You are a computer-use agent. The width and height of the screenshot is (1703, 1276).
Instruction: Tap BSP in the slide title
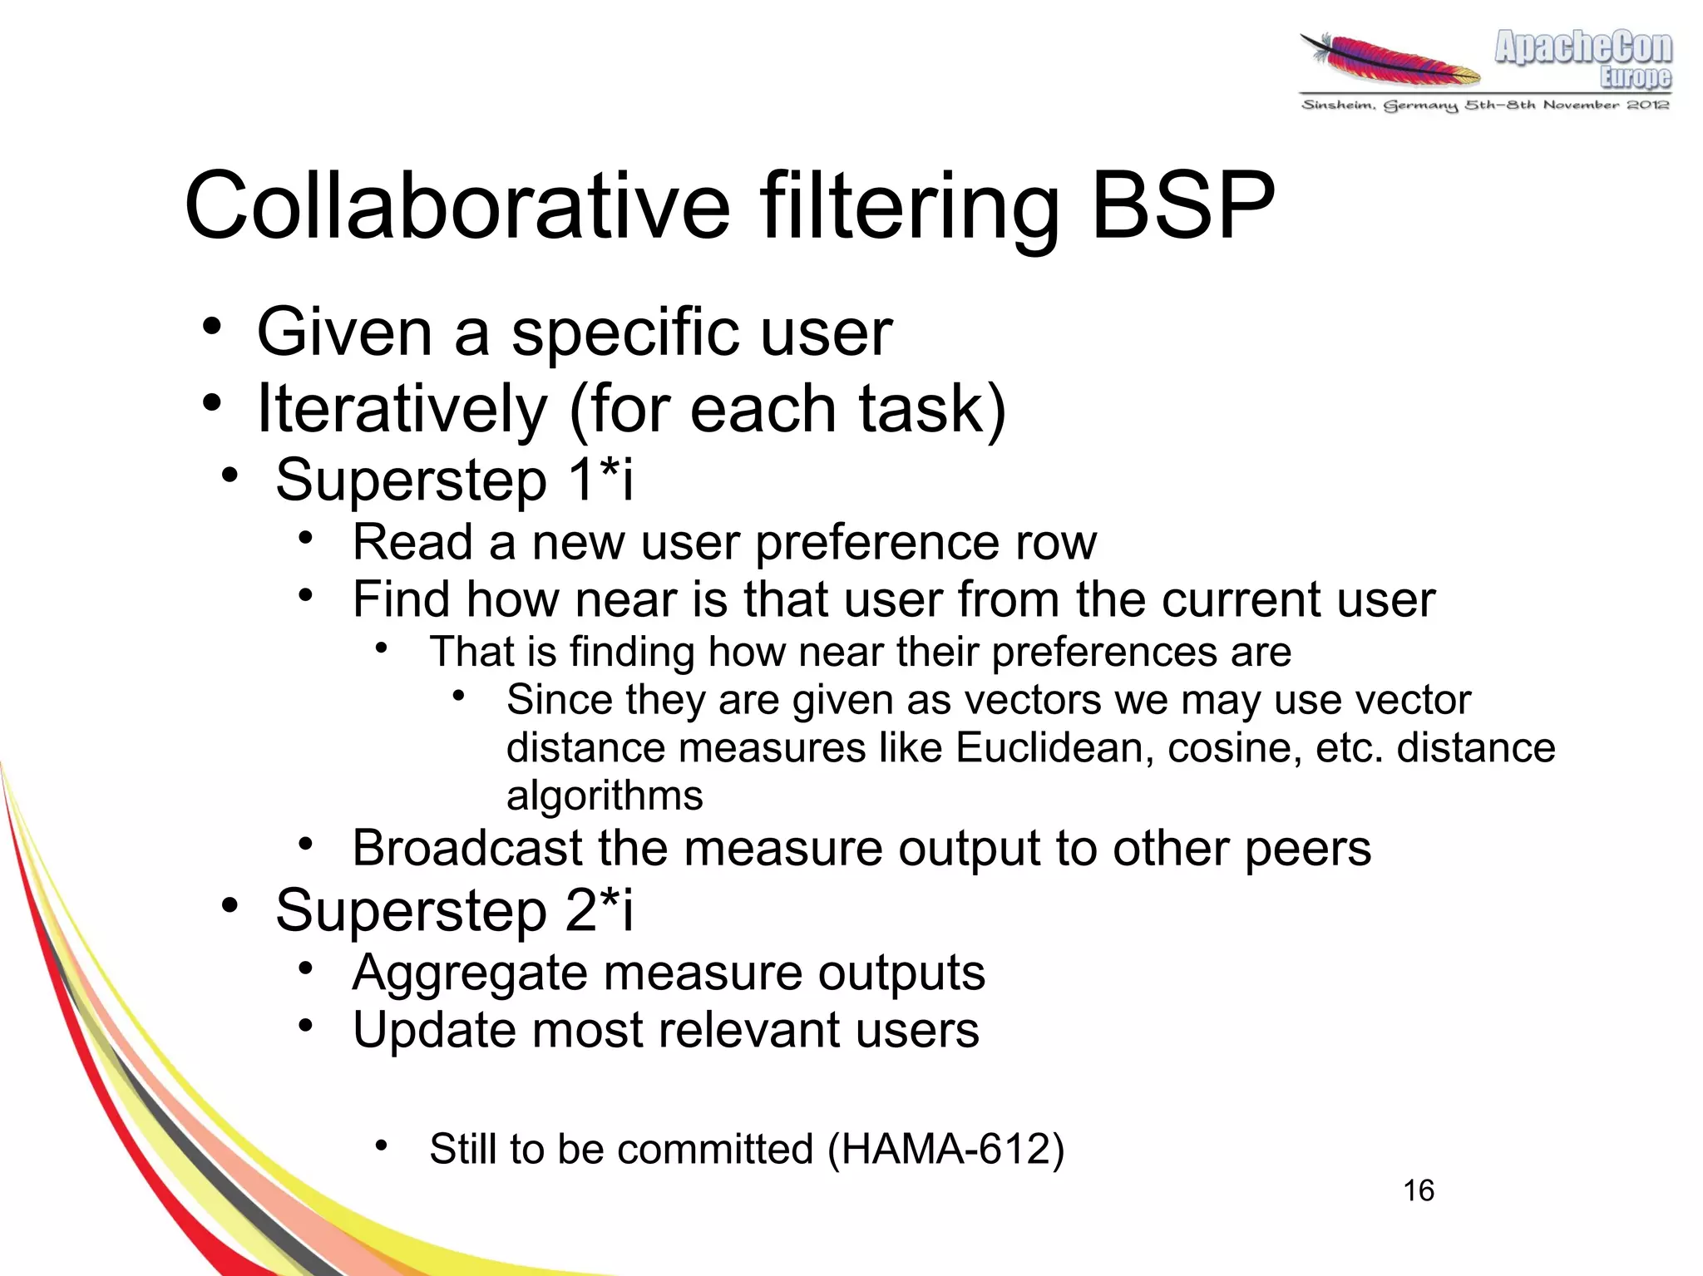pyautogui.click(x=1182, y=205)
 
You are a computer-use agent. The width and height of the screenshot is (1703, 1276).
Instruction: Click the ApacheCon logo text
pyautogui.click(x=1583, y=47)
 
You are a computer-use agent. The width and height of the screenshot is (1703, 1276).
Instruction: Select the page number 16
pyautogui.click(x=1419, y=1190)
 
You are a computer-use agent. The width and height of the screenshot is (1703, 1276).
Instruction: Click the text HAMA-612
pyautogui.click(x=945, y=1150)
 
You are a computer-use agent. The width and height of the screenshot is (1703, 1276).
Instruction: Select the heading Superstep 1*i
pyautogui.click(x=454, y=480)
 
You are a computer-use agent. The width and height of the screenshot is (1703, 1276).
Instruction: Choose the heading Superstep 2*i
pyautogui.click(x=454, y=909)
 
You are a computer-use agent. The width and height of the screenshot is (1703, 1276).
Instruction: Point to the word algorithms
pyautogui.click(x=605, y=796)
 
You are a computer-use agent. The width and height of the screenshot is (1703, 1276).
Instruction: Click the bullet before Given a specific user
pyautogui.click(x=212, y=327)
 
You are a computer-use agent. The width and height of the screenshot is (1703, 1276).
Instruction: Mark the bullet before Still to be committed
pyautogui.click(x=381, y=1146)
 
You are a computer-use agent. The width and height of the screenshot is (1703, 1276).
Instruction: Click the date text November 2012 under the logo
pyautogui.click(x=1605, y=105)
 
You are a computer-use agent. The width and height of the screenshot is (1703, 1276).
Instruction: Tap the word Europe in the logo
pyautogui.click(x=1635, y=77)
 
